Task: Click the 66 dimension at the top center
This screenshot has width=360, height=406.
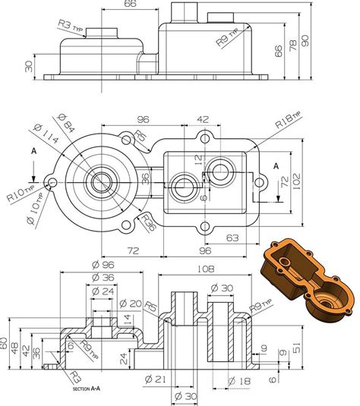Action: (x=130, y=5)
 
